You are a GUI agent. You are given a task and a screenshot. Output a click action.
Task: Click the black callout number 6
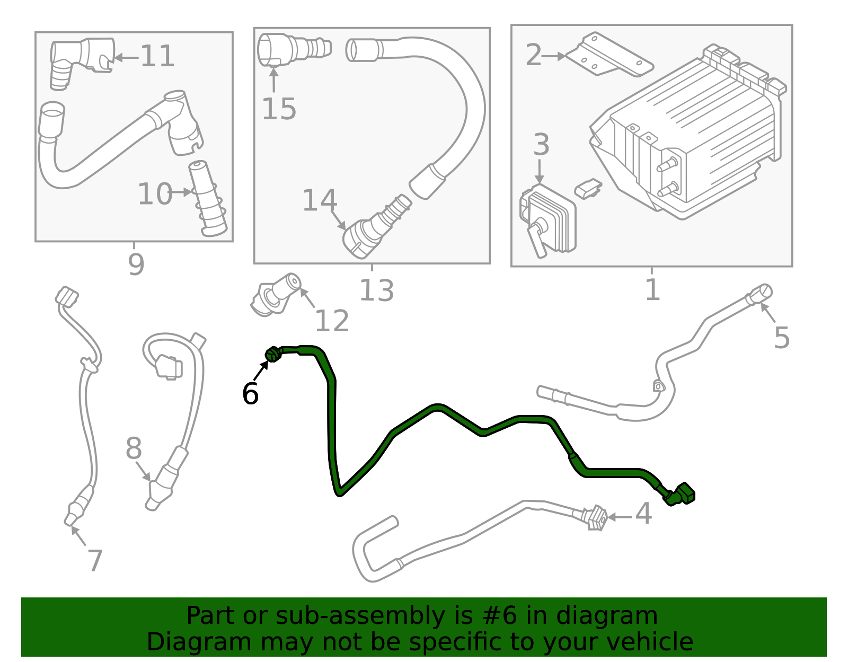[x=250, y=394]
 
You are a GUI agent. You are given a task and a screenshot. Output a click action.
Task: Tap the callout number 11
[x=157, y=56]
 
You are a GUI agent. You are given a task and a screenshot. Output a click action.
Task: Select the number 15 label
[x=279, y=109]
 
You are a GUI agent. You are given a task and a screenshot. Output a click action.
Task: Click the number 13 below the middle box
[x=376, y=290]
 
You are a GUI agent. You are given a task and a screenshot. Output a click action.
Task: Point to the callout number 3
[x=541, y=145]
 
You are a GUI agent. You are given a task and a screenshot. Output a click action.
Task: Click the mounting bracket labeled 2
[x=609, y=55]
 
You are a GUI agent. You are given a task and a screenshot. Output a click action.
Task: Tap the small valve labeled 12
[x=276, y=294]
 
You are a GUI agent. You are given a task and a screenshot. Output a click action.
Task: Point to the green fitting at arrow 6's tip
[x=273, y=354]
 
